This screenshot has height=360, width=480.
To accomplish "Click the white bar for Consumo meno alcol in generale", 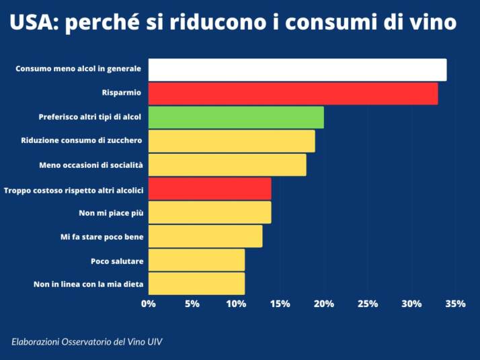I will click(x=297, y=70).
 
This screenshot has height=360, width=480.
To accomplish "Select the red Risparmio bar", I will click(x=293, y=93).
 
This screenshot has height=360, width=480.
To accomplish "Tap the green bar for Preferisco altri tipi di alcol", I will click(x=236, y=118).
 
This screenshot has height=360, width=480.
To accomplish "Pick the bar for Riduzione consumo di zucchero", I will click(x=231, y=141).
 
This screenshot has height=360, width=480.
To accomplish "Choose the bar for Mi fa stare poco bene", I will click(x=205, y=236).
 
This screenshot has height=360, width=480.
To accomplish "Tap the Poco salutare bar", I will click(x=196, y=260).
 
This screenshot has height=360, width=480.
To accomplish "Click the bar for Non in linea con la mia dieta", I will click(x=196, y=283).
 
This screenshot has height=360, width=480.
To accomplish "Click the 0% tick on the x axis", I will click(x=149, y=304).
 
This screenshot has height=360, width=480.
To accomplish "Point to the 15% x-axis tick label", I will click(x=280, y=304).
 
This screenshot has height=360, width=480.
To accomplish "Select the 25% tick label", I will click(x=368, y=304).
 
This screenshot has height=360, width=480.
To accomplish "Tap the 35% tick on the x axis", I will click(x=455, y=304).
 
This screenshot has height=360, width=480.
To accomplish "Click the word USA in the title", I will click(x=32, y=23).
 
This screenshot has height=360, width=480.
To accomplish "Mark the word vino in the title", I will click(x=432, y=23).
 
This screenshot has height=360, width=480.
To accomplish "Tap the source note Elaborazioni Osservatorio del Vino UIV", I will click(x=87, y=342).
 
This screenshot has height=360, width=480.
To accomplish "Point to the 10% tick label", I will click(x=236, y=304).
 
